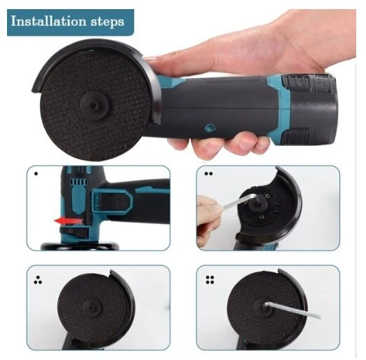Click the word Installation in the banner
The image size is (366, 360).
click(x=48, y=21)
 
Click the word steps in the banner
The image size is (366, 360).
click(x=107, y=22)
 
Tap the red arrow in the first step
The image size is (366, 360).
click(x=69, y=220)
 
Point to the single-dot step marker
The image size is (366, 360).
click(x=36, y=174)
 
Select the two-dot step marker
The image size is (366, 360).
click(x=208, y=174)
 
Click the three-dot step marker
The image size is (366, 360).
click(x=38, y=280)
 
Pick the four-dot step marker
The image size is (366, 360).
click(x=210, y=280)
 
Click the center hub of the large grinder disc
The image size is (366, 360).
click(x=95, y=104)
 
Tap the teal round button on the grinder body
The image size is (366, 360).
click(x=210, y=128)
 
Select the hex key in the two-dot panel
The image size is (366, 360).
click(x=240, y=201)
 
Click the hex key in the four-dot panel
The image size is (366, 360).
click(x=292, y=310)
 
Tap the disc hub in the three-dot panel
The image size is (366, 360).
click(x=93, y=307)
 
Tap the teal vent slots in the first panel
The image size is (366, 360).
click(x=79, y=182)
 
